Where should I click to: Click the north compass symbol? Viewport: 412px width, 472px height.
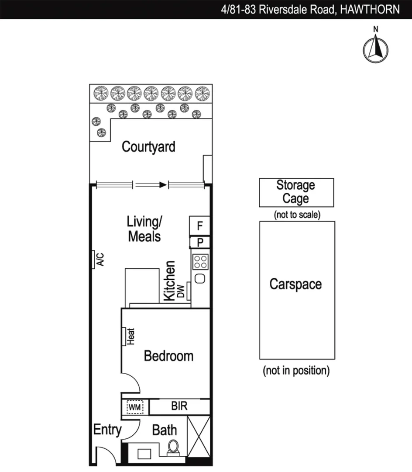[375, 48]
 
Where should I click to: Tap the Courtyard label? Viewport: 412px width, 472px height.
[148, 146]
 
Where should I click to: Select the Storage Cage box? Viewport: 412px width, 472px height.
[296, 192]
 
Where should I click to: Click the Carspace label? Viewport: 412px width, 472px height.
[295, 284]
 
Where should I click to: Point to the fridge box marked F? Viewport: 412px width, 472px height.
[200, 226]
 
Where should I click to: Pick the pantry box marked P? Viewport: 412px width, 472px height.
[200, 243]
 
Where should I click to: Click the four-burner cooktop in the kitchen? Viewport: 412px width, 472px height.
[200, 262]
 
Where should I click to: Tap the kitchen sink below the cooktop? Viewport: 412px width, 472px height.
[200, 278]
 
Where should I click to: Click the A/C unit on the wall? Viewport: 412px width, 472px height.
[93, 259]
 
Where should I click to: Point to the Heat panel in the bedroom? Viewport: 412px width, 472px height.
[124, 337]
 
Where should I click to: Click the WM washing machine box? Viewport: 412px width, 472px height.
[134, 407]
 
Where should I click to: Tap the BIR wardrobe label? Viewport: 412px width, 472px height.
[179, 406]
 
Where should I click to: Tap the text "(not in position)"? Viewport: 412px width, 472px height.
[296, 371]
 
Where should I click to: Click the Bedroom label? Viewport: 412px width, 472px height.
[168, 356]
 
